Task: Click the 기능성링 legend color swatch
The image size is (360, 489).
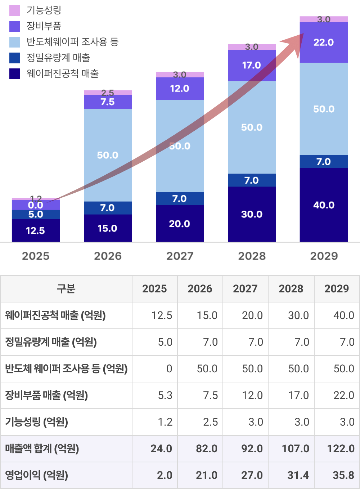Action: click(x=15, y=10)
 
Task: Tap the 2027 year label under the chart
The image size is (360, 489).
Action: click(x=180, y=256)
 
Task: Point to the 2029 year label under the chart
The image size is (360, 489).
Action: click(x=324, y=256)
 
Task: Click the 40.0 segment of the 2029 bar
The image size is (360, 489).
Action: click(x=324, y=205)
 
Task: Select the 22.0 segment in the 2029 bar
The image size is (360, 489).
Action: click(x=324, y=42)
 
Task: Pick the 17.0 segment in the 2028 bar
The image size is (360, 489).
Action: click(x=252, y=66)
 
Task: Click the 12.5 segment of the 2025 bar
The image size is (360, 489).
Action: click(x=36, y=230)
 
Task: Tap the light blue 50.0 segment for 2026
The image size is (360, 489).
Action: click(x=108, y=155)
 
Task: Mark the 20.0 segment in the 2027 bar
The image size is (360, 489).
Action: click(x=180, y=224)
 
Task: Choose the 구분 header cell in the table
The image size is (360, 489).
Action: click(x=66, y=289)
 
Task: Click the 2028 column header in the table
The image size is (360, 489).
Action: click(x=291, y=289)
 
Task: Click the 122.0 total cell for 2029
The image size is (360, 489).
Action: click(x=341, y=449)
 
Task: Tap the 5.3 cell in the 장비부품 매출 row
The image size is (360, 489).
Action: click(x=165, y=395)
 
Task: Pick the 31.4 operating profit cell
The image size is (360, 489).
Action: click(x=298, y=475)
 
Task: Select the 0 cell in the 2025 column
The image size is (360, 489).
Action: click(x=169, y=369)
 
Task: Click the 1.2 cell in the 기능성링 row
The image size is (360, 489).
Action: click(x=165, y=422)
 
